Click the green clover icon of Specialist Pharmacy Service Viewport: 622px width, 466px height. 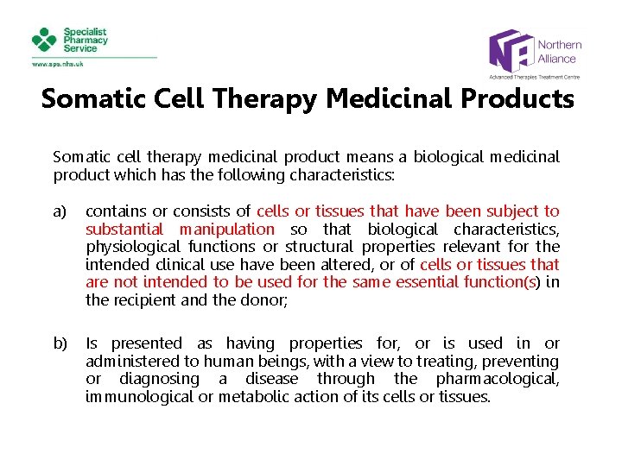[x=44, y=40]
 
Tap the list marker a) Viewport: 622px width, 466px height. [x=60, y=211]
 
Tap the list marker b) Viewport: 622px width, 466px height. [x=60, y=343]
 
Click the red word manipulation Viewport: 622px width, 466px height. [x=226, y=230]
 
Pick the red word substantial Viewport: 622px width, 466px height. [x=124, y=230]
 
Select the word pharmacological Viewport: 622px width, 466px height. [x=500, y=380]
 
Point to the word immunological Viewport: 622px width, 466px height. [x=134, y=397]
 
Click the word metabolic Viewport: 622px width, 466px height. [x=249, y=397]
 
